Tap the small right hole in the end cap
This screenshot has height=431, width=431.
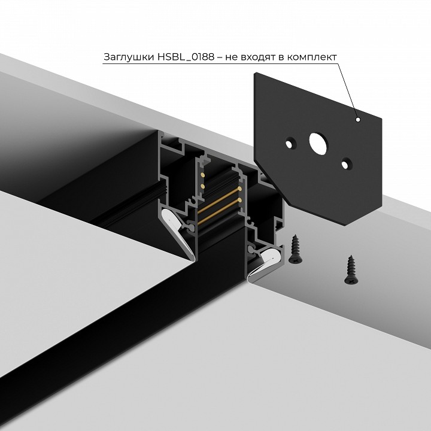pyautogui.click(x=346, y=162)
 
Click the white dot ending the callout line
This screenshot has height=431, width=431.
pyautogui.click(x=357, y=120)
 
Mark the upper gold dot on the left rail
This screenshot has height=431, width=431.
pyautogui.click(x=202, y=174)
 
